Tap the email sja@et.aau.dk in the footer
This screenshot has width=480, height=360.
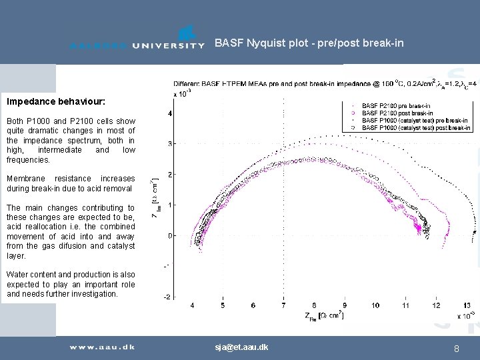point(241,347)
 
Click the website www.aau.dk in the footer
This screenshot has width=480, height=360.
point(103,347)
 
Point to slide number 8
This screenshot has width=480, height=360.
point(456,348)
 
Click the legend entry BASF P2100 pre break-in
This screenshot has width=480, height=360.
point(395,105)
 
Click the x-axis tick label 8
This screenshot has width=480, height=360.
point(314,305)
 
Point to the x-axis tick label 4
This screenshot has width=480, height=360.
point(193,305)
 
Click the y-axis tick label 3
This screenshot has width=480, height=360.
point(170,144)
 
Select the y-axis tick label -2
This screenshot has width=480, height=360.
point(168,297)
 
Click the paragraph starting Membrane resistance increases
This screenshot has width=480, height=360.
point(71,183)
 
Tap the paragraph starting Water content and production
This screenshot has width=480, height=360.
point(71,284)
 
